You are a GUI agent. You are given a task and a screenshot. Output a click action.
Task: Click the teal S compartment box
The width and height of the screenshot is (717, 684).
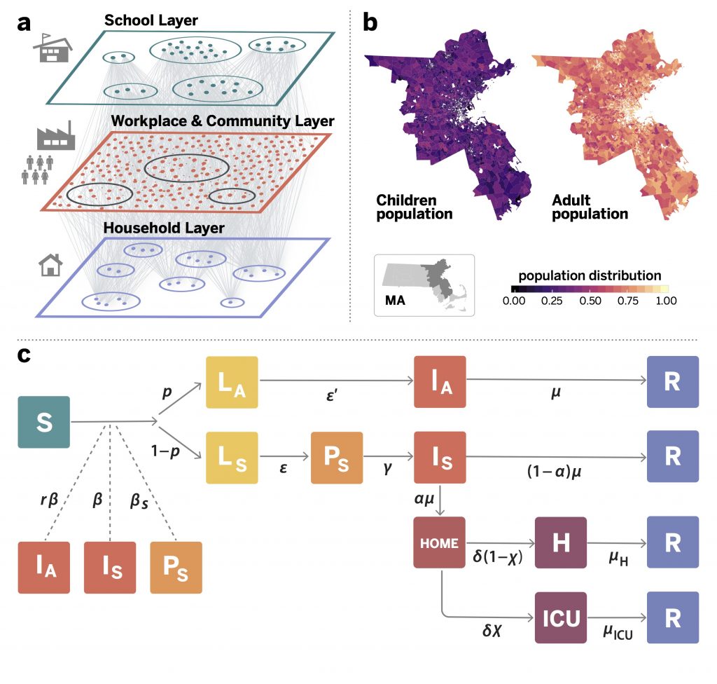pos(44,423)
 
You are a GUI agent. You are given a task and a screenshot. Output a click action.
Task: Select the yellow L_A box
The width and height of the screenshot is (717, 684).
pos(232,382)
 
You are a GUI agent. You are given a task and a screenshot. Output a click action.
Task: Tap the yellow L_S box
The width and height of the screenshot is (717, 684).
pos(232,457)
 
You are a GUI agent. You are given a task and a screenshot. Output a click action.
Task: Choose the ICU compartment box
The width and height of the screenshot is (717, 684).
pos(560,617)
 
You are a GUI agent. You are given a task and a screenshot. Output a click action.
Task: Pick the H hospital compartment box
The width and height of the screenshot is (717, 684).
pos(560,543)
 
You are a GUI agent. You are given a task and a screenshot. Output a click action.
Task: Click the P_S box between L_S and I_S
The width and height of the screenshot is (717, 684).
pos(337,457)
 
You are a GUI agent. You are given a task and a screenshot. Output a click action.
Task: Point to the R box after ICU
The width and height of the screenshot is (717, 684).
pos(673,617)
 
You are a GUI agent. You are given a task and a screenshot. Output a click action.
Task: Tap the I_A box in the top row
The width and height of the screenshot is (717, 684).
pos(440,382)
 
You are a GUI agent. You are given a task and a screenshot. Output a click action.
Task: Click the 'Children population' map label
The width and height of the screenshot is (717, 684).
pos(414,206)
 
